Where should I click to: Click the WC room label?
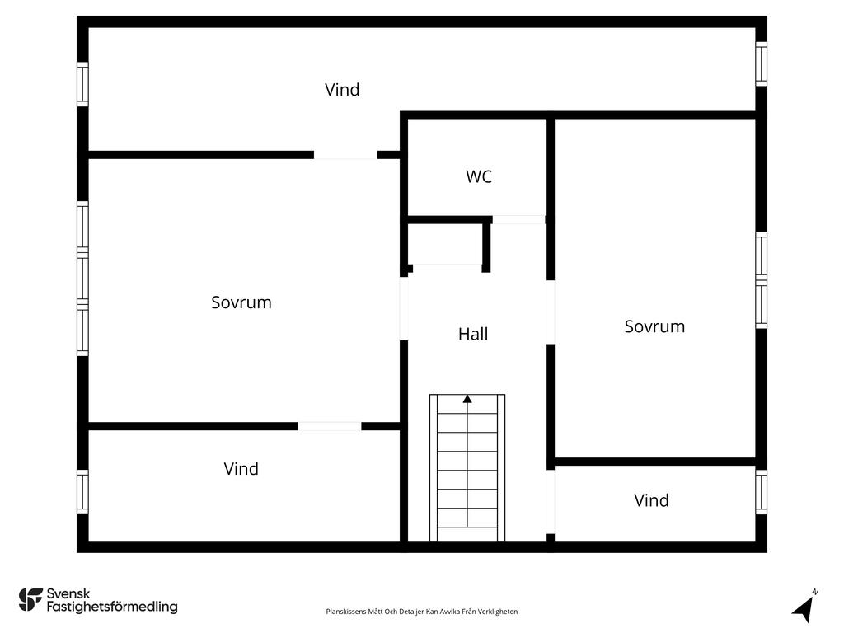[479, 176]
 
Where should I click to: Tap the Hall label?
[473, 334]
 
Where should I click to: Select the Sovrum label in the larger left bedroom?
[241, 302]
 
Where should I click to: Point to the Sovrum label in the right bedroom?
[654, 326]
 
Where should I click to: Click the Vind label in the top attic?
[342, 90]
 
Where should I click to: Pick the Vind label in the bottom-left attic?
[241, 469]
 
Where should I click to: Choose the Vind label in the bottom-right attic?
[651, 500]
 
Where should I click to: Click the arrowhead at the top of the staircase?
[467, 399]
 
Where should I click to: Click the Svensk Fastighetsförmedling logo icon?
[30, 600]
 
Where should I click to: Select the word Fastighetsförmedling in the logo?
[112, 607]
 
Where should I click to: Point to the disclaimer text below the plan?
[422, 612]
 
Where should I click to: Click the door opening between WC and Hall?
[519, 220]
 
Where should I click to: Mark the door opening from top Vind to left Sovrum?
[345, 154]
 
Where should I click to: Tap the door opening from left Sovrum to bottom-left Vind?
[330, 426]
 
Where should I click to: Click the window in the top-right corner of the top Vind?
[761, 63]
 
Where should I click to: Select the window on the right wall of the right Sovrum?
[761, 281]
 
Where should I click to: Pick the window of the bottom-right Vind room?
[761, 492]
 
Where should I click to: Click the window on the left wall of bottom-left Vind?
[82, 491]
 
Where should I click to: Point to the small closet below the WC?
[445, 244]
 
